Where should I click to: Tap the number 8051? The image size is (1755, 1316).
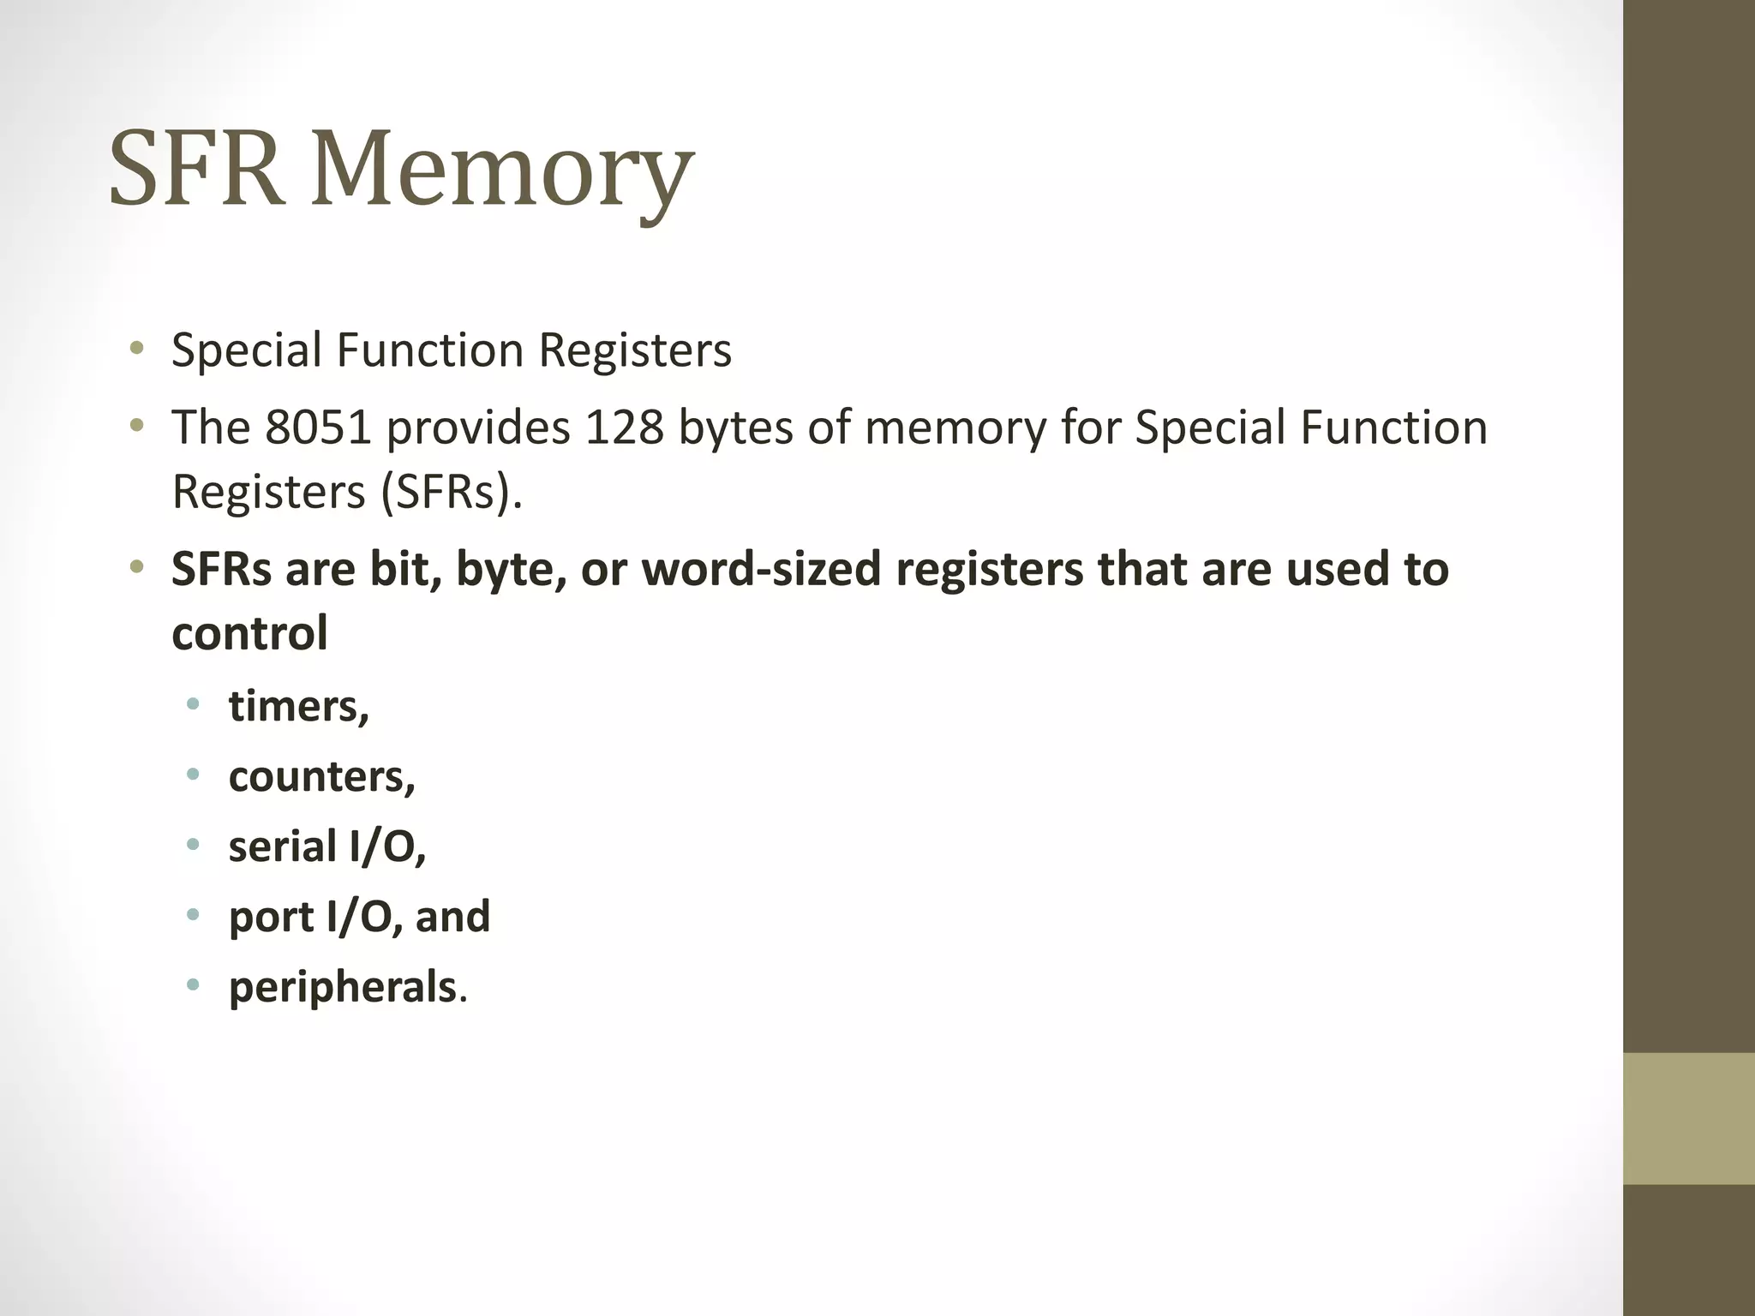(x=318, y=427)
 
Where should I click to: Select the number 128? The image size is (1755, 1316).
(x=624, y=427)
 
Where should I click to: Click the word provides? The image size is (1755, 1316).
(x=478, y=428)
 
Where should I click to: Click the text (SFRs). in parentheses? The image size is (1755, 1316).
(x=451, y=492)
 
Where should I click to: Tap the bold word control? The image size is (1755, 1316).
(x=249, y=633)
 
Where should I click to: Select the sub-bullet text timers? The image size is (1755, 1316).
(x=299, y=706)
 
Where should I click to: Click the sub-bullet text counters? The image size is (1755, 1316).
(x=322, y=776)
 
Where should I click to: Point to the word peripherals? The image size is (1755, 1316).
(x=342, y=987)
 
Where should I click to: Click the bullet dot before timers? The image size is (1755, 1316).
(x=193, y=705)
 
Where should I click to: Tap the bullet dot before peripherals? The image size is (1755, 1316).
(x=193, y=984)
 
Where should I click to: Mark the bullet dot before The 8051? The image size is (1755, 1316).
(x=135, y=425)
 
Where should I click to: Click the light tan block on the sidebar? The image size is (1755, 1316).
(x=1688, y=1118)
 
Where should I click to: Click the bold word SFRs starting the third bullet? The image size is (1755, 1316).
(x=221, y=569)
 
